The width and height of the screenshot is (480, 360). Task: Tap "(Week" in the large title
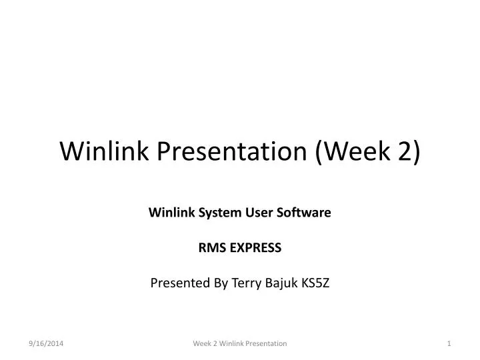point(347,152)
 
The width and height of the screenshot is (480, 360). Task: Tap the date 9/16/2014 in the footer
point(46,343)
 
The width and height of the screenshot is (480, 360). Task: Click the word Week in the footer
point(201,343)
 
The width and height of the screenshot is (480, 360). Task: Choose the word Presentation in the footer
point(267,343)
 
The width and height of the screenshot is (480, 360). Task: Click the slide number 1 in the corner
point(449,343)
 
